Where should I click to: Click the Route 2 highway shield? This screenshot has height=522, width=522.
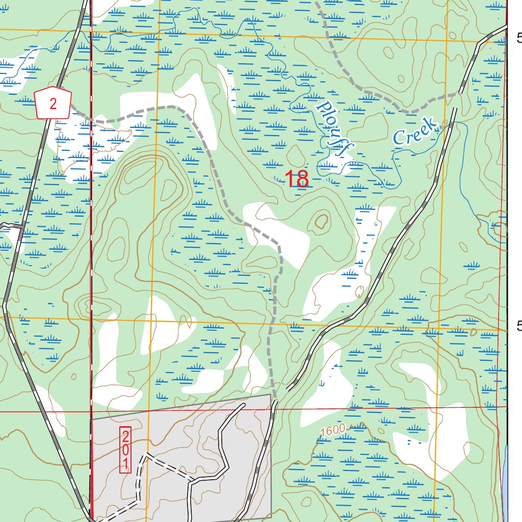pyautogui.click(x=53, y=103)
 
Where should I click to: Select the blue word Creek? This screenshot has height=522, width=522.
pyautogui.click(x=415, y=132)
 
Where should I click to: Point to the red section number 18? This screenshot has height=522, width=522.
pyautogui.click(x=296, y=179)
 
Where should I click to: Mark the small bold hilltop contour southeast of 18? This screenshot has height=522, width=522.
pyautogui.click(x=321, y=221)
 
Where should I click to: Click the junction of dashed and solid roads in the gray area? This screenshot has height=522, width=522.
pyautogui.click(x=191, y=481)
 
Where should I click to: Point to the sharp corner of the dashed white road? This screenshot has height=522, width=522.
pyautogui.click(x=146, y=453)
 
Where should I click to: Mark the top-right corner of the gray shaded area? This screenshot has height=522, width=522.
pyautogui.click(x=270, y=394)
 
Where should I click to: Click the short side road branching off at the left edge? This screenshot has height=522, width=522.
pyautogui.click(x=10, y=225)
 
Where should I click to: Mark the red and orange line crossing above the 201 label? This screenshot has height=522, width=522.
pyautogui.click(x=148, y=410)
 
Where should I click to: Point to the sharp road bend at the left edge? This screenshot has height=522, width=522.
pyautogui.click(x=4, y=305)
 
